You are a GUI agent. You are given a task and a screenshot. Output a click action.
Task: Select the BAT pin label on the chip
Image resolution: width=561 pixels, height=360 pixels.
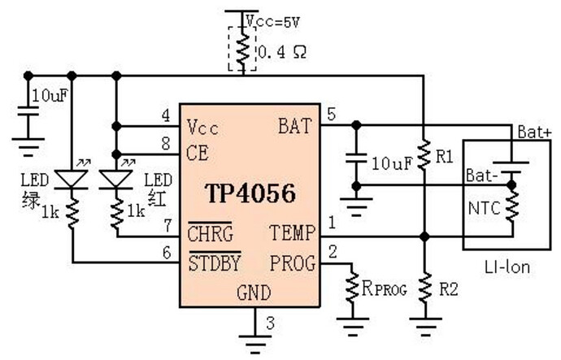click(x=294, y=127)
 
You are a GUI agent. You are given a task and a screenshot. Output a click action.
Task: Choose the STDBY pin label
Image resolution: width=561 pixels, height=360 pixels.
click(x=214, y=262)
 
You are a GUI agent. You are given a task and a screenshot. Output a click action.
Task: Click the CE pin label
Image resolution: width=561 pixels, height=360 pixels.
click(x=198, y=151)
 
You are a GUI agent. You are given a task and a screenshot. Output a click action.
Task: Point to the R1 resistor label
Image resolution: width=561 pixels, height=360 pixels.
click(x=443, y=157)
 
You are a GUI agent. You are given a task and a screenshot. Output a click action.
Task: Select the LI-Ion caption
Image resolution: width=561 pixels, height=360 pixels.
click(x=505, y=265)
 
